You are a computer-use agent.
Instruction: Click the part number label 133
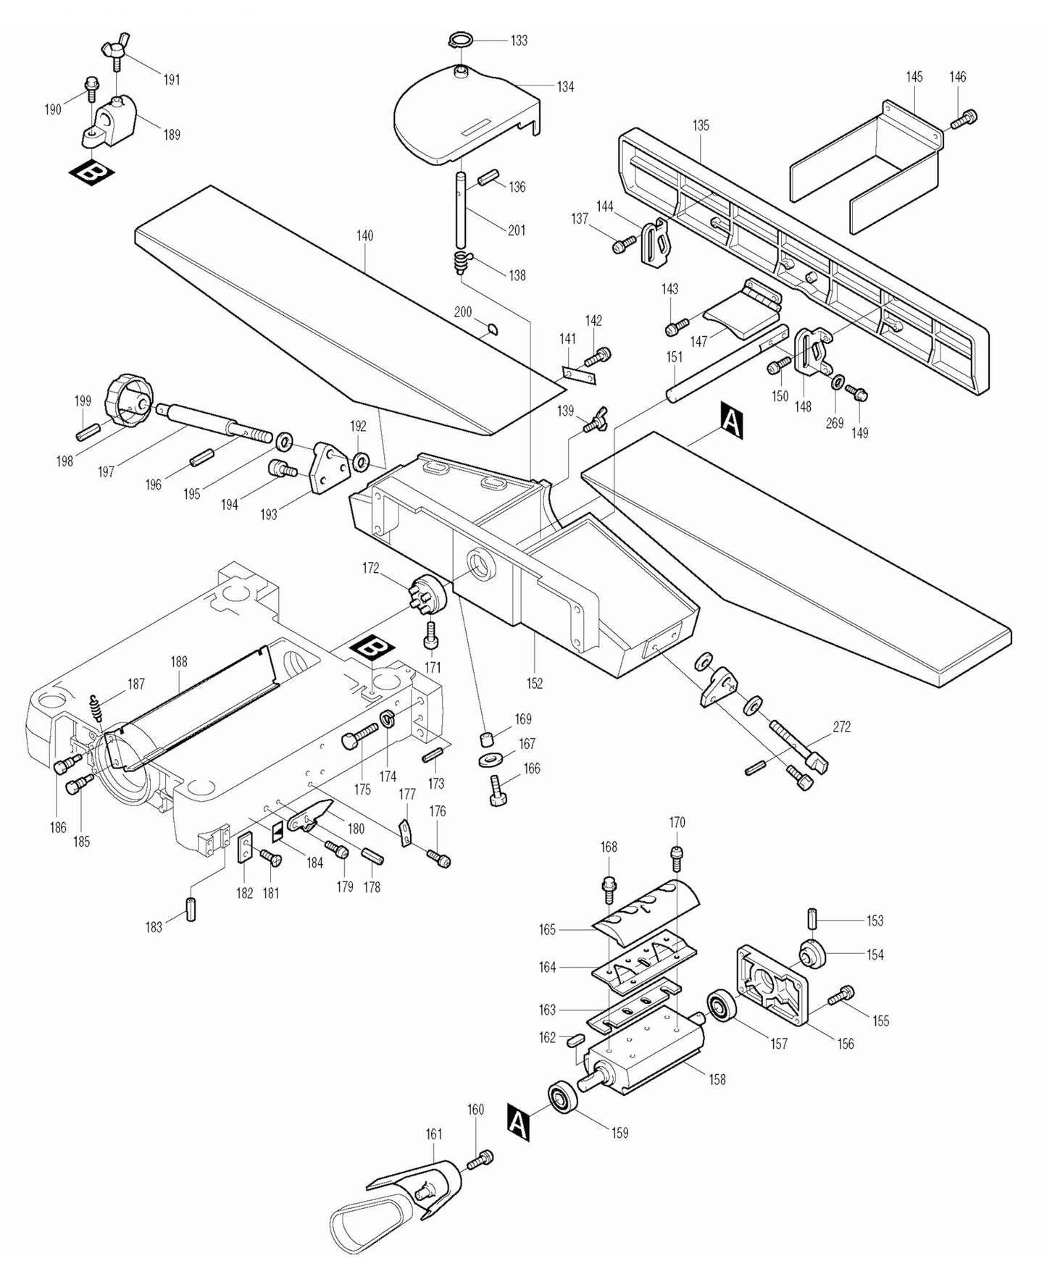tap(519, 41)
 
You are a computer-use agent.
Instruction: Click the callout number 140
tap(364, 235)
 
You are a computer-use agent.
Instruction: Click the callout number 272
tap(841, 726)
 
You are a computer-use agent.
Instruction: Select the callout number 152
tap(535, 683)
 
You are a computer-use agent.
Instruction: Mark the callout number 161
tap(433, 1133)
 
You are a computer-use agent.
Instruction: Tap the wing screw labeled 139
tap(595, 421)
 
